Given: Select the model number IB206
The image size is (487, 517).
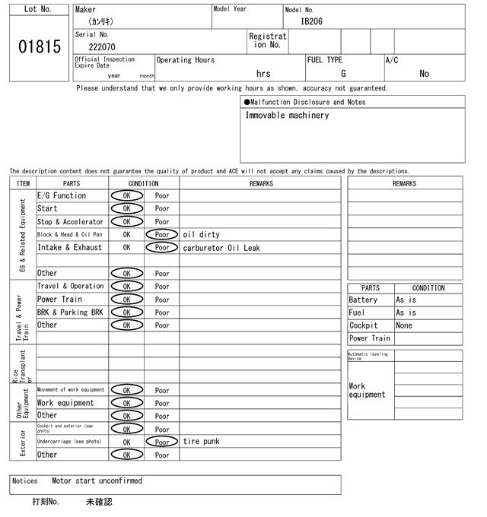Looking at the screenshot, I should [311, 21].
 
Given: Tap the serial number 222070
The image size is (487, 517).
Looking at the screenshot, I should [102, 46].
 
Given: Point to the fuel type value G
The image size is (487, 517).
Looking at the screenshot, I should [343, 74].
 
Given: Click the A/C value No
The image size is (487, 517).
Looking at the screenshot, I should [424, 74].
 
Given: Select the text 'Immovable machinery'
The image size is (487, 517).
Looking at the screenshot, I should [287, 116].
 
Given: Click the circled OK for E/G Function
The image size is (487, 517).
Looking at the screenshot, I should [126, 195].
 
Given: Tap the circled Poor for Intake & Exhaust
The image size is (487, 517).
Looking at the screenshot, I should [161, 247].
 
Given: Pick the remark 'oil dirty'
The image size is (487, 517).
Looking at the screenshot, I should [201, 235].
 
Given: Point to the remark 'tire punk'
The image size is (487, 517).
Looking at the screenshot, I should [201, 442].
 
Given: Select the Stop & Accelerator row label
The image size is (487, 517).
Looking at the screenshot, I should [70, 222].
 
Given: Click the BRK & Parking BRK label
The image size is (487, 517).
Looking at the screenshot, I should [70, 312].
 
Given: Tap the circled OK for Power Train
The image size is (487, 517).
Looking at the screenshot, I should [126, 300].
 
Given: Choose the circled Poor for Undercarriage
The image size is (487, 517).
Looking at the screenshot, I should [161, 442].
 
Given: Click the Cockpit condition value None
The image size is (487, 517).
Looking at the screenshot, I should [404, 325].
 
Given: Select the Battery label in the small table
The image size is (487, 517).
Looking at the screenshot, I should [363, 300].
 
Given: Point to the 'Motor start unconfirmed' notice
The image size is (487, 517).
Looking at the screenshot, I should [97, 481].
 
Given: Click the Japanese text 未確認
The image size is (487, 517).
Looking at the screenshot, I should [99, 503].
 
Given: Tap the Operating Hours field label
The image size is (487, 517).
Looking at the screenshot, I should [186, 60].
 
